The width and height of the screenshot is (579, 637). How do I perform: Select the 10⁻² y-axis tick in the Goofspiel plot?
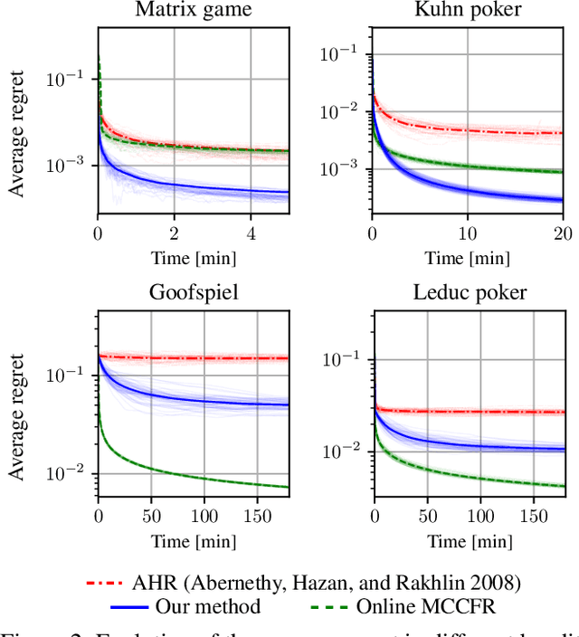[x=71, y=474]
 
